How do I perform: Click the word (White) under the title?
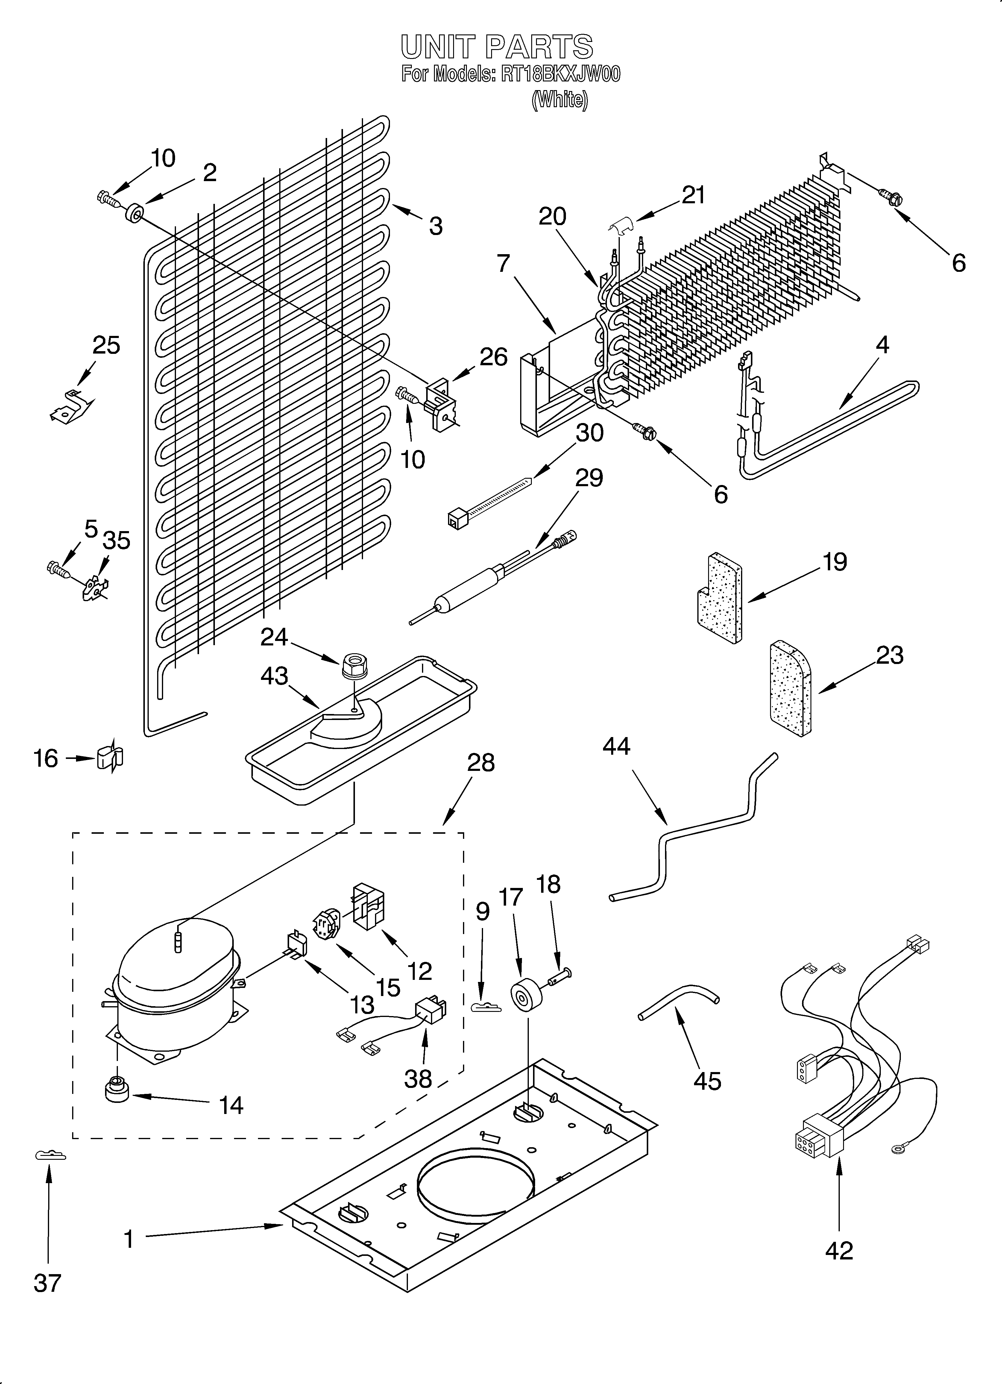tap(560, 99)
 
